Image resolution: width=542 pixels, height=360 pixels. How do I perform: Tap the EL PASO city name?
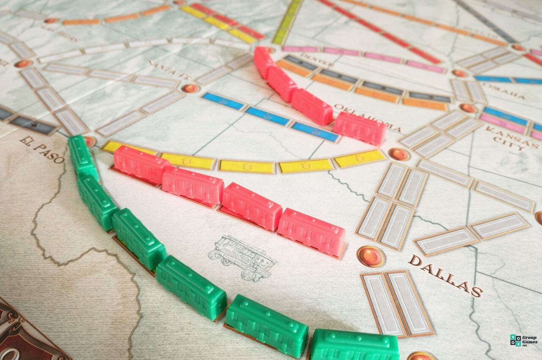[x=42, y=150]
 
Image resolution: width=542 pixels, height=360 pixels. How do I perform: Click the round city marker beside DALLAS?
[x=371, y=256]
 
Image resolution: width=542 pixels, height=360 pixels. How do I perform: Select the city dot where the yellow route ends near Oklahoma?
[x=398, y=154]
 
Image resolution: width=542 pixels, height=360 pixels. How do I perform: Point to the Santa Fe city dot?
[x=190, y=89]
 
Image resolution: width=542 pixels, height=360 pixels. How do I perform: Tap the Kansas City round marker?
[x=468, y=108]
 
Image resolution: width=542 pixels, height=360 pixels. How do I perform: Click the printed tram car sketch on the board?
[x=243, y=257]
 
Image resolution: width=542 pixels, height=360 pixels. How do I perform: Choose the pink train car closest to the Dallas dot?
[x=311, y=233]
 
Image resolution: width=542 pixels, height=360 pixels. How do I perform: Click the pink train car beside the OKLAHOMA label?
[x=359, y=128]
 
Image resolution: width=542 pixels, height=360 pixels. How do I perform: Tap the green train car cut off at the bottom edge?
[x=355, y=345]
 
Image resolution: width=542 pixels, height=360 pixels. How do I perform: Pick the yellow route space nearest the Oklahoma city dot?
[x=359, y=159]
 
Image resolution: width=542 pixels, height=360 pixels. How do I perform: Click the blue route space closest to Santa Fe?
[x=223, y=101]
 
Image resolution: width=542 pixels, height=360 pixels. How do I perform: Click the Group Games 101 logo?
[x=524, y=340]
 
